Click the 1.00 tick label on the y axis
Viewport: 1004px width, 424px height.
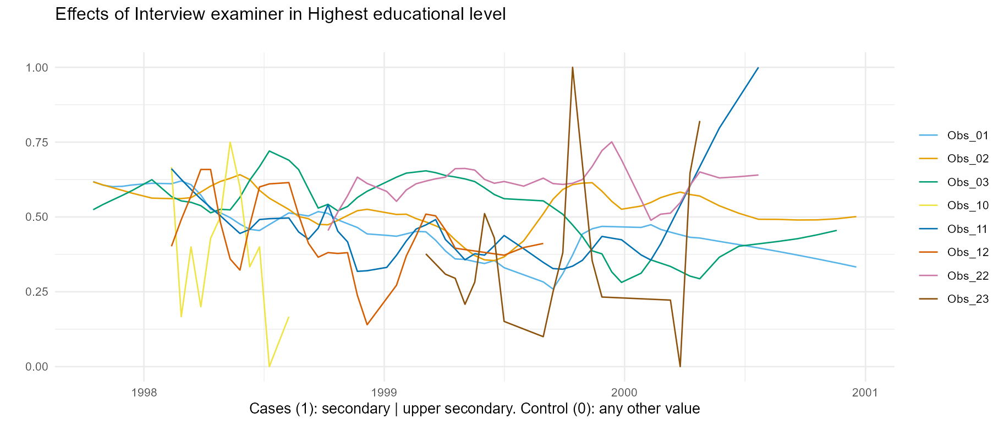[x=37, y=68]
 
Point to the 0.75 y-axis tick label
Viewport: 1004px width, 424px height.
[x=37, y=143]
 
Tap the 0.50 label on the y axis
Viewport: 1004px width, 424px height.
[x=37, y=218]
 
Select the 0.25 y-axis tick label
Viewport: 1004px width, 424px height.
[x=37, y=292]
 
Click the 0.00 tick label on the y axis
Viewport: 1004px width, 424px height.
[x=37, y=367]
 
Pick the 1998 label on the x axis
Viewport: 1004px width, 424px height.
[x=144, y=393]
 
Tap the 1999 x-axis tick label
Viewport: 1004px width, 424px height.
[x=384, y=393]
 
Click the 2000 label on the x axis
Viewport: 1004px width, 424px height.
[x=624, y=393]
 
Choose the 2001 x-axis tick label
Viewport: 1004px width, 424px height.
[x=865, y=393]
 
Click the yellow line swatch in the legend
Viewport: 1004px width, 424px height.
[x=928, y=205]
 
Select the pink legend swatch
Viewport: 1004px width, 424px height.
[x=928, y=275]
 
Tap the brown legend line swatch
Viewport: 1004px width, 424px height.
[x=928, y=299]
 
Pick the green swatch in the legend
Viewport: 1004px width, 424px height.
[x=928, y=182]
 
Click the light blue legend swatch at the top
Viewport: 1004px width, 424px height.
[x=928, y=135]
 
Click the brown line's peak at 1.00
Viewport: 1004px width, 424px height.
[x=573, y=68]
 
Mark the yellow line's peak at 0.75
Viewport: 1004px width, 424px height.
[x=230, y=143]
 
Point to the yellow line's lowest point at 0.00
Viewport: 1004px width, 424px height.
[x=270, y=366]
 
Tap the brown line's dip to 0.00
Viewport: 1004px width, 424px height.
[x=681, y=366]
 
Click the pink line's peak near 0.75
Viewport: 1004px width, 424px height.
[x=612, y=142]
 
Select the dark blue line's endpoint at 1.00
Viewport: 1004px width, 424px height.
[x=758, y=68]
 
